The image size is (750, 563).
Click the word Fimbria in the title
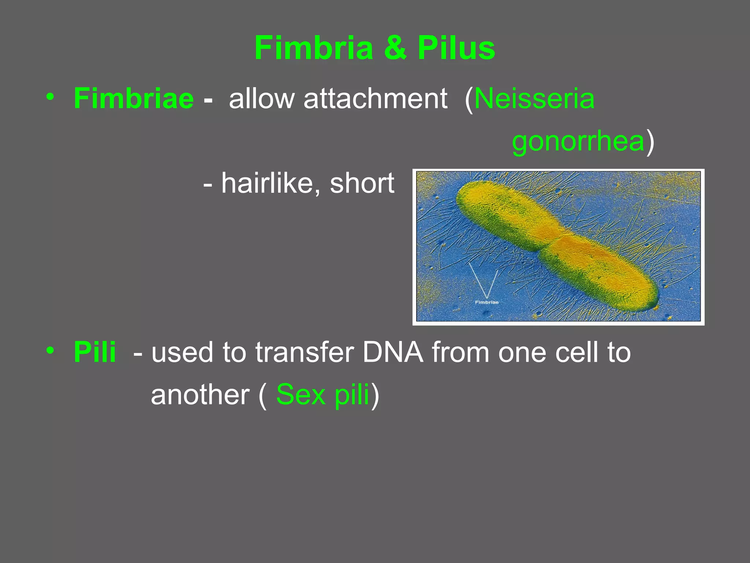(314, 48)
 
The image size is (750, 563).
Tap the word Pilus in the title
(456, 48)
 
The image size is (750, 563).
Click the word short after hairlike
(362, 183)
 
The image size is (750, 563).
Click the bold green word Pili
(95, 352)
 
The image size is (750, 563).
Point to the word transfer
(304, 352)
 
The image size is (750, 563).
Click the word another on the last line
(200, 394)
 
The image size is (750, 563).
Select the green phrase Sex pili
(323, 394)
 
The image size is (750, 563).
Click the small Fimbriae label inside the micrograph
(486, 302)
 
